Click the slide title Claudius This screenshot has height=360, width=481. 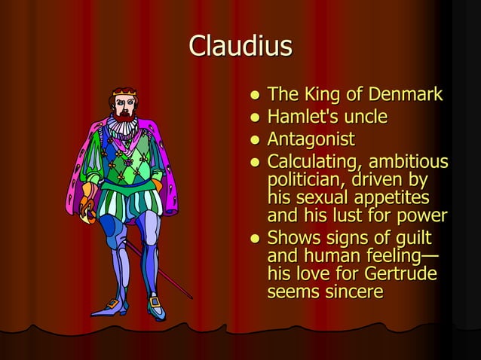click(240, 47)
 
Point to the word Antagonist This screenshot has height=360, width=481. click(311, 139)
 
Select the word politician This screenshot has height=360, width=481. click(305, 182)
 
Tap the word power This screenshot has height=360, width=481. click(423, 217)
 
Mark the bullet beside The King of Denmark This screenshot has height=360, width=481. click(256, 96)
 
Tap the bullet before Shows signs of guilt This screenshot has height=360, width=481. click(256, 239)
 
